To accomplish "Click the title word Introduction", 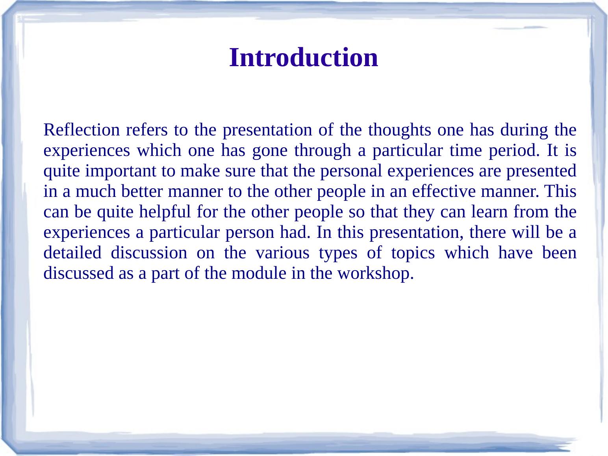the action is click(304, 57).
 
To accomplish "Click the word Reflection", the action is click(82, 130).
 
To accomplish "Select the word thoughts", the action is click(399, 130).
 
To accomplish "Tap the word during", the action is click(524, 130).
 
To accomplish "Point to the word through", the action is click(323, 150).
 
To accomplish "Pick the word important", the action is click(120, 171).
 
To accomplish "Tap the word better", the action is click(142, 191).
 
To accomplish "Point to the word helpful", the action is click(165, 211).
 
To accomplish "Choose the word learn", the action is click(489, 211).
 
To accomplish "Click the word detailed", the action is click(72, 252).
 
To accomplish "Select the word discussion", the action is click(149, 252).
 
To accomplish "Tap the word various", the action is click(282, 252).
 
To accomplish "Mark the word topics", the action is click(413, 252).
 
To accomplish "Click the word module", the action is click(259, 273).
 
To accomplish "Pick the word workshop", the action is click(375, 273).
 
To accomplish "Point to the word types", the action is click(338, 252).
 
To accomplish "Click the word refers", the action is click(147, 130).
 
